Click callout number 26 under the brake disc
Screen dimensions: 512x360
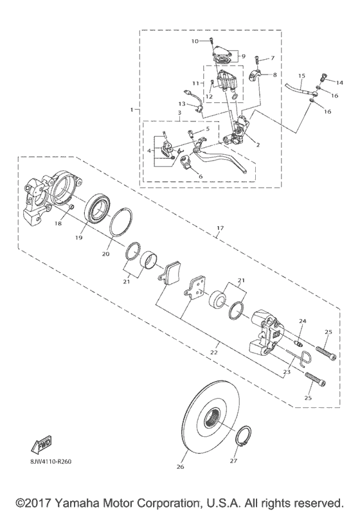tap(180, 467)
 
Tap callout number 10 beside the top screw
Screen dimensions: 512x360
tap(195, 41)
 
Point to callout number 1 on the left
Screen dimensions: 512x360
tap(132, 110)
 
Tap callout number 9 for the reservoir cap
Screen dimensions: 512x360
tap(243, 56)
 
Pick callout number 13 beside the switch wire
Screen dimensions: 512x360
tap(182, 103)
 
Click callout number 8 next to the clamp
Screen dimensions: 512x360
tap(271, 75)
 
